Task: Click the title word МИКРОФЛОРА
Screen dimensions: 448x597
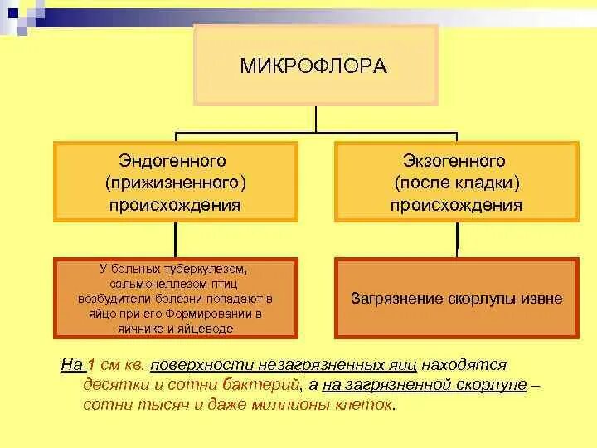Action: [314, 66]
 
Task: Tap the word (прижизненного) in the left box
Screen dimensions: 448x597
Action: [175, 182]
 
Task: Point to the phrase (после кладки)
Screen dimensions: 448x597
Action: [457, 182]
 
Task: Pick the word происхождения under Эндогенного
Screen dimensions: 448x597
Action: [175, 204]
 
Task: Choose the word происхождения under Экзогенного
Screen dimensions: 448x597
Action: [457, 204]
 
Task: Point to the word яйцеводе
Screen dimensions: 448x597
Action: [206, 329]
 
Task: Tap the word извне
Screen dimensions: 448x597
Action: [542, 298]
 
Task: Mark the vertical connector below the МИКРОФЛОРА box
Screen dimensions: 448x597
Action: [316, 119]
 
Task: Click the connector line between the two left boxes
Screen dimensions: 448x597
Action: [175, 240]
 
